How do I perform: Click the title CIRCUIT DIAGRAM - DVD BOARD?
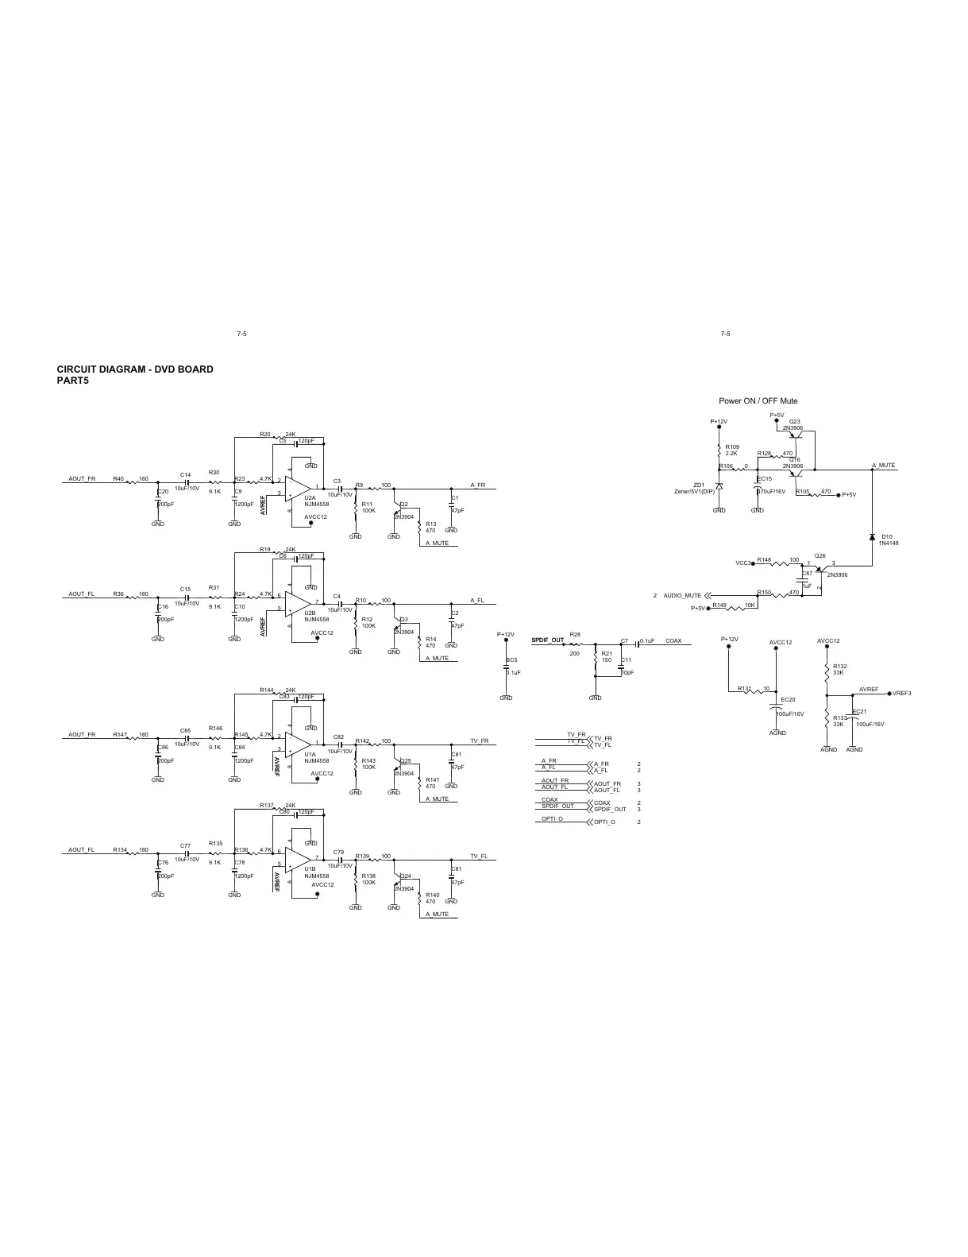[x=134, y=369]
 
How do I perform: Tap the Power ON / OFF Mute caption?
[x=758, y=401]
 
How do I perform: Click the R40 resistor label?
[x=118, y=479]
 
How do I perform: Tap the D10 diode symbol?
[x=872, y=538]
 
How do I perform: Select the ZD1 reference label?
[x=699, y=485]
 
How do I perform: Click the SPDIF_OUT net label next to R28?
[x=547, y=640]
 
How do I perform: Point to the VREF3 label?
[x=901, y=693]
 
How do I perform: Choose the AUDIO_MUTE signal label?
[x=682, y=595]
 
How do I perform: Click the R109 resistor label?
[x=732, y=447]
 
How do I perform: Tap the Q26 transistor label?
[x=820, y=555]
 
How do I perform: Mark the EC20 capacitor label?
[x=788, y=699]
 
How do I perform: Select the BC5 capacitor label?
[x=511, y=659]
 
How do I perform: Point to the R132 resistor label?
[x=840, y=666]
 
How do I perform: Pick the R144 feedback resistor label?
[x=267, y=690]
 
